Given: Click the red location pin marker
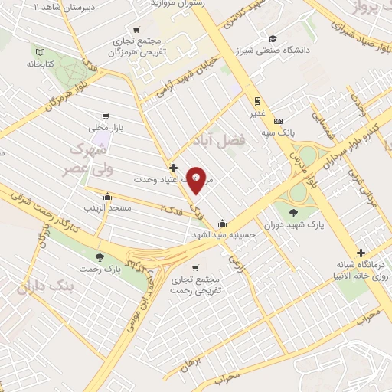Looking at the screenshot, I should (197, 179).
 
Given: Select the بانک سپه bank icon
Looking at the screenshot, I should (278, 121).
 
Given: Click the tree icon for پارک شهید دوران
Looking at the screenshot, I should (295, 213).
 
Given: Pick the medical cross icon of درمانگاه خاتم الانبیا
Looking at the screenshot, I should (360, 253).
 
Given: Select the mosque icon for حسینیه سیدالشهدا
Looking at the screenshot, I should (222, 224).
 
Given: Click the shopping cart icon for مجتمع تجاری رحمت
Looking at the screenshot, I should (197, 268).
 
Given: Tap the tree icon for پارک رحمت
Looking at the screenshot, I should (100, 256).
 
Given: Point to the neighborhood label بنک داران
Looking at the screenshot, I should (73, 286).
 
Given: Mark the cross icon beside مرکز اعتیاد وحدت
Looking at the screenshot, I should (174, 167).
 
